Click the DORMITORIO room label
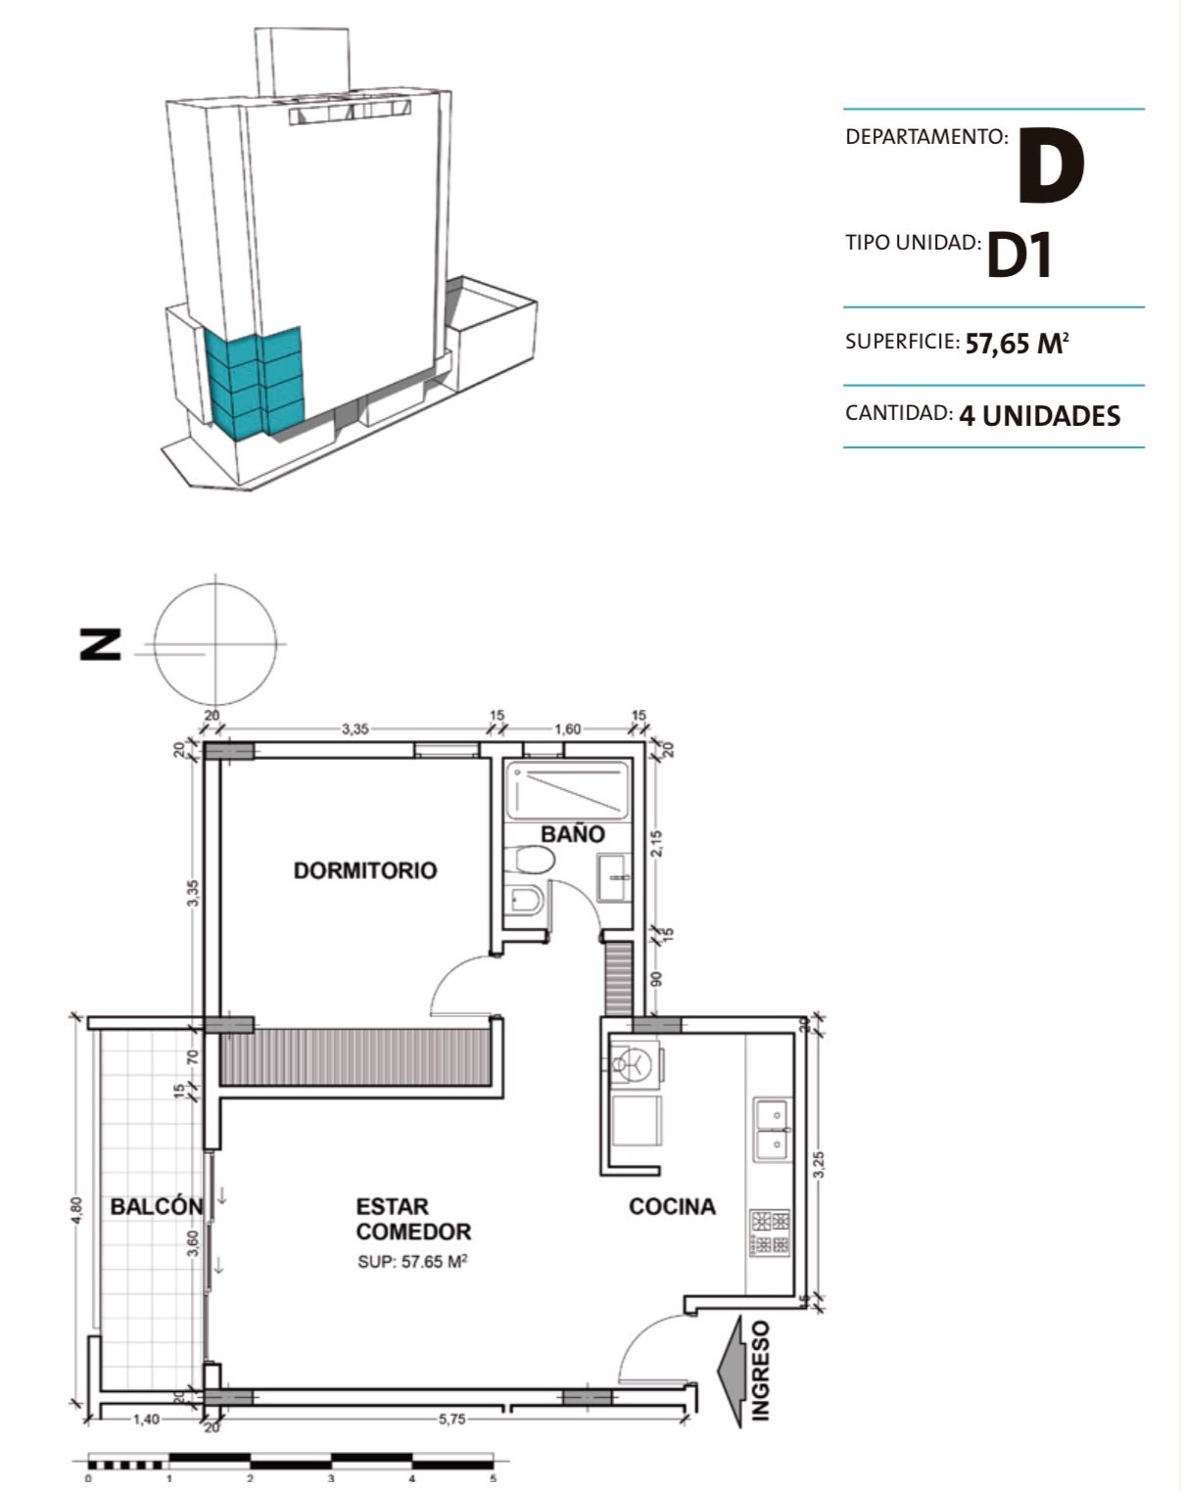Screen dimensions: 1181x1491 (365, 870)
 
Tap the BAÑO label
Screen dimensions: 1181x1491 (573, 833)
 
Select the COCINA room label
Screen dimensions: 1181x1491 (673, 1206)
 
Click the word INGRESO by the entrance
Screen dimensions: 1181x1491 (761, 1372)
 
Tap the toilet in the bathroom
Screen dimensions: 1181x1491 (530, 861)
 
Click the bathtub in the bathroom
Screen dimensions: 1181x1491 (567, 791)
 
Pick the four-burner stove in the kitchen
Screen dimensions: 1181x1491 (770, 1233)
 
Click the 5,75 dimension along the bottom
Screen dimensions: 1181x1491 (451, 1419)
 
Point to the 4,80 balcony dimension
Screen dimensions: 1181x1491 (76, 1210)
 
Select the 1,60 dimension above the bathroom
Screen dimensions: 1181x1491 (568, 729)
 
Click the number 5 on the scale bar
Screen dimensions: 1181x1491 (494, 1478)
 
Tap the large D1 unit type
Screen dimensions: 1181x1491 (1018, 255)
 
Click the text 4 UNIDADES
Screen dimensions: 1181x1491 (1040, 416)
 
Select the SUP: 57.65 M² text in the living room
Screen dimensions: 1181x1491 (412, 1261)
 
